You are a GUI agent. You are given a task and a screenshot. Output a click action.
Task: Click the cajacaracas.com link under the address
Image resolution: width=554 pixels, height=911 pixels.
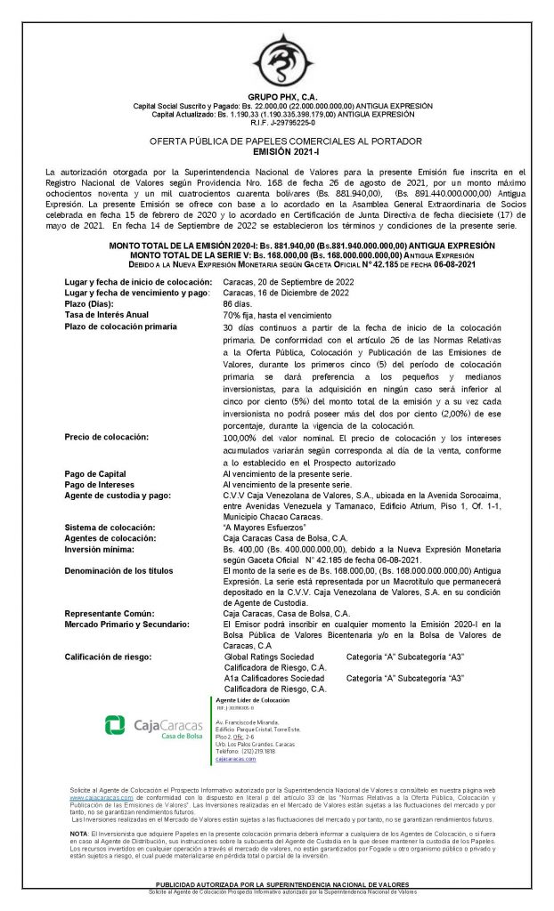point(235,759)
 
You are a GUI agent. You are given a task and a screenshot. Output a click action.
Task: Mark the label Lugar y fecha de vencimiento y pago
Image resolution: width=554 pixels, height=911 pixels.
point(136,292)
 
